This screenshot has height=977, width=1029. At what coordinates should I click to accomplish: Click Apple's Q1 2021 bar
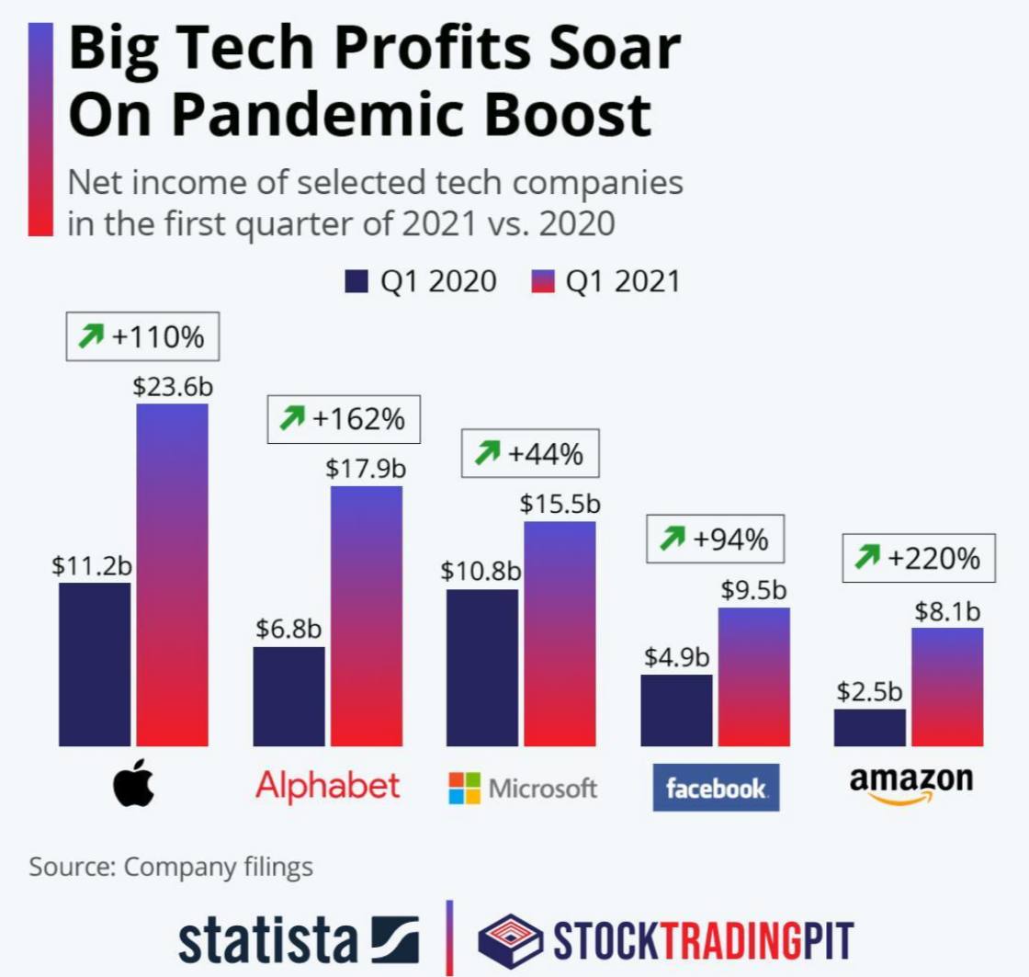click(x=172, y=574)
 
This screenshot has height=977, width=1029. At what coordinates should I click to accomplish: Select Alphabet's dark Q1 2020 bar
click(x=288, y=696)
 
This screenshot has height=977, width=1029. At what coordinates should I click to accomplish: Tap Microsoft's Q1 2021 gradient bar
click(x=560, y=633)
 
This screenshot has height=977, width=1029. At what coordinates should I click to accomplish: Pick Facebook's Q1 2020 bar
click(x=676, y=710)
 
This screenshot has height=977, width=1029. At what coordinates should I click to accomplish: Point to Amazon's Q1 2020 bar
click(x=869, y=727)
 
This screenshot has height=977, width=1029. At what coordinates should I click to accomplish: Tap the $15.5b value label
click(x=560, y=504)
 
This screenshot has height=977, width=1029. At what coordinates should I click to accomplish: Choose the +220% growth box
click(x=919, y=557)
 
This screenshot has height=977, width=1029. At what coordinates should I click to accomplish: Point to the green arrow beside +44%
click(x=487, y=452)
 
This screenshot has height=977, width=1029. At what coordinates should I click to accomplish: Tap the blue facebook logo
click(x=716, y=788)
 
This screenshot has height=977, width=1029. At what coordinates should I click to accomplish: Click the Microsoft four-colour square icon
click(x=464, y=788)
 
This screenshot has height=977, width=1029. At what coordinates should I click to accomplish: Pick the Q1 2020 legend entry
click(x=421, y=281)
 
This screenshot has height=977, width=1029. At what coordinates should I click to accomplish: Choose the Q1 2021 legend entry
click(x=605, y=281)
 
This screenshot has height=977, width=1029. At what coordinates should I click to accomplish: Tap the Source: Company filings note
click(x=171, y=867)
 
